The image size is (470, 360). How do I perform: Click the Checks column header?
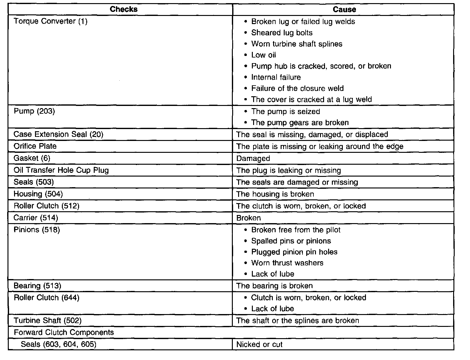pos(123,9)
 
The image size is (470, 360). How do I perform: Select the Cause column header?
pos(344,9)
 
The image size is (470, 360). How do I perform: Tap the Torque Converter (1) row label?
pos(51,21)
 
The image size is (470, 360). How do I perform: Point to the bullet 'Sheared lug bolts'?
pos(282,33)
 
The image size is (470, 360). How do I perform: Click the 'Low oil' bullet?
pos(263,55)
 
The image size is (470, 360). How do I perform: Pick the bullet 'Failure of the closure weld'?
pos(297,88)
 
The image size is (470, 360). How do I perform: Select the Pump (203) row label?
pos(34,111)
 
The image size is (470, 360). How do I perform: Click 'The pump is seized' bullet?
pos(285,112)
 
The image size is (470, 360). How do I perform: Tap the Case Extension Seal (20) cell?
pos(58,134)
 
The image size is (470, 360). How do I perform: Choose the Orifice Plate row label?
pos(35,146)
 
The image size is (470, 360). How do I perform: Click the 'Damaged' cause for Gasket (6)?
pos(253,158)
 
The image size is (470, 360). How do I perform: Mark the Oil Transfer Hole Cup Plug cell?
pos(61,170)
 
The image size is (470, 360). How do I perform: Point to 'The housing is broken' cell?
pos(275,194)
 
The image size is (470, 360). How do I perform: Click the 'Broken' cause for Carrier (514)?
pos(248,218)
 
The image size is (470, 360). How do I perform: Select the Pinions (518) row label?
pos(37,230)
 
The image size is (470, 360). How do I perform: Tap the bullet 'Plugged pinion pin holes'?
pos(294,252)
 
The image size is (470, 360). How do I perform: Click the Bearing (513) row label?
pos(37,286)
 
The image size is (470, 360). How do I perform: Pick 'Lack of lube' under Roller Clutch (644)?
pos(272,309)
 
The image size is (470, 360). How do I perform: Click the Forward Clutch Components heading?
pos(64,332)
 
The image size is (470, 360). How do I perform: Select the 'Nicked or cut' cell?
pos(259,344)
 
